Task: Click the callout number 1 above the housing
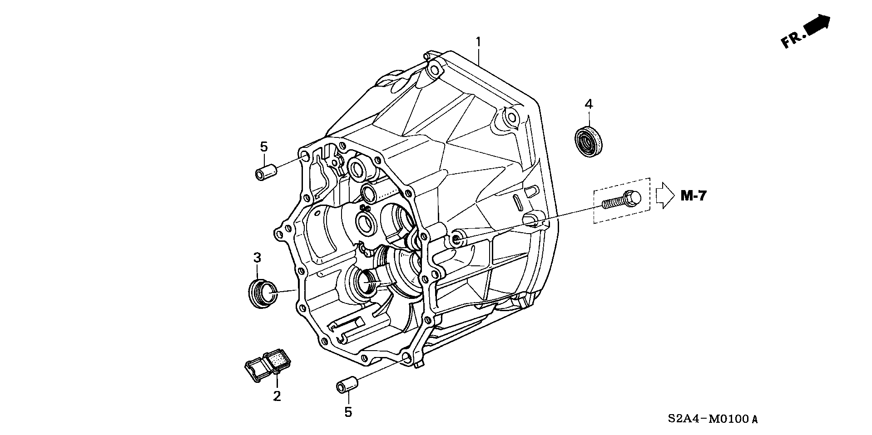click(478, 42)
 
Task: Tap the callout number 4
click(588, 104)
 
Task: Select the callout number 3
click(257, 258)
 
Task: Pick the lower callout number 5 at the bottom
click(348, 412)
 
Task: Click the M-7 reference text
click(693, 196)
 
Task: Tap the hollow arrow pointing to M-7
click(665, 196)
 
